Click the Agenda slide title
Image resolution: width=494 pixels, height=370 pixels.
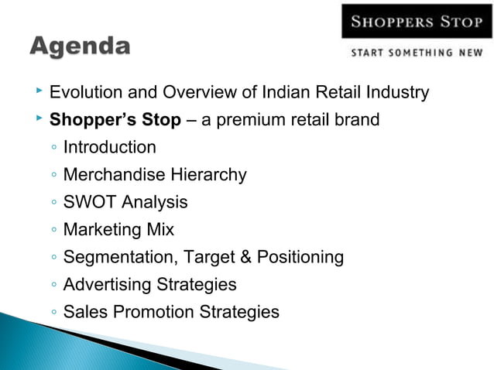pos(80,46)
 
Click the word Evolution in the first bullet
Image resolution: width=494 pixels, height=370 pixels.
pos(83,94)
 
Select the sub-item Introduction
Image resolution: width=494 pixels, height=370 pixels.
pos(109,147)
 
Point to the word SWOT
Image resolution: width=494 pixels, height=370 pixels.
pos(87,203)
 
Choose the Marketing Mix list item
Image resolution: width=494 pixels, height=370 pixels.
pos(118,230)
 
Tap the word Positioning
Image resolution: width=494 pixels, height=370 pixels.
pos(303,258)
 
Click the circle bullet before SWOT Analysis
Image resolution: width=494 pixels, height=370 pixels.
pos(51,204)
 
